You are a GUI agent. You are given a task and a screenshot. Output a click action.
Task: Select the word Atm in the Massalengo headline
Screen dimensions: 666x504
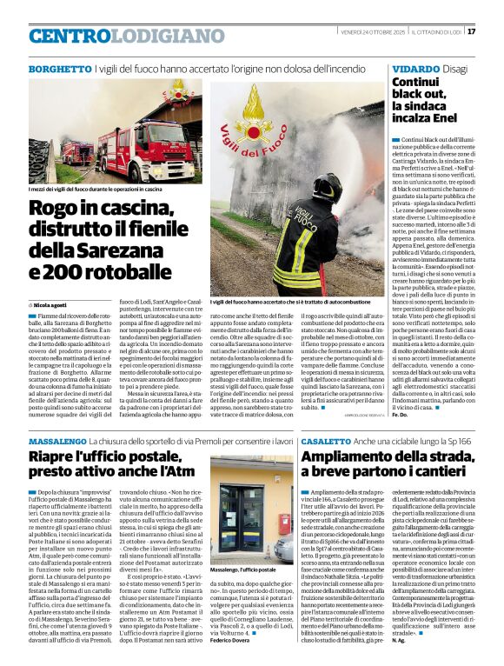pos(185,471)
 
